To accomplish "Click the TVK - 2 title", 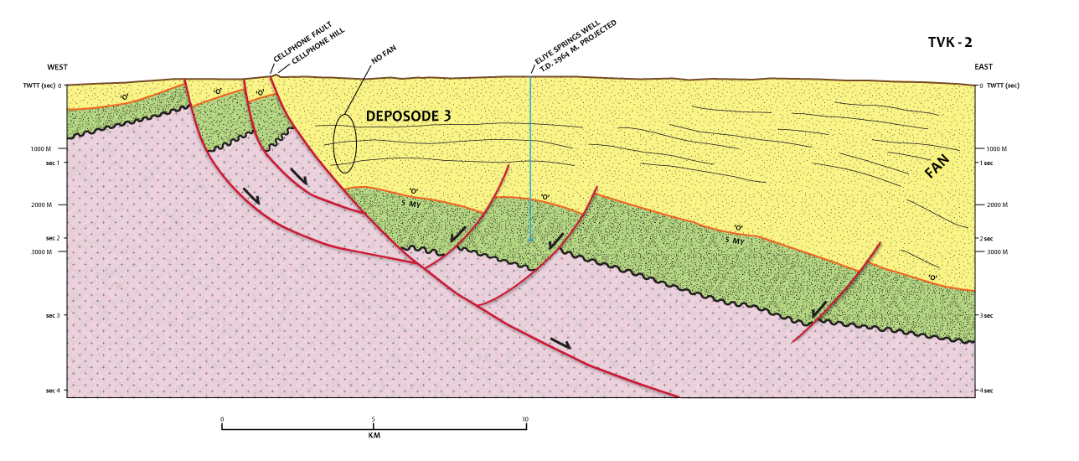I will (949, 42).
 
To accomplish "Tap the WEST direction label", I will (58, 67).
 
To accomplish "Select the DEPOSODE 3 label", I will (408, 117).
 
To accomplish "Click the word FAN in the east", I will (940, 165).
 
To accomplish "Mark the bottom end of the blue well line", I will (530, 241).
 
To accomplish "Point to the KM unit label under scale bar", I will (374, 436).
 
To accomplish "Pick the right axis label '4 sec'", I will (987, 391).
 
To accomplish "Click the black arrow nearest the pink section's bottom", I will (560, 343).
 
